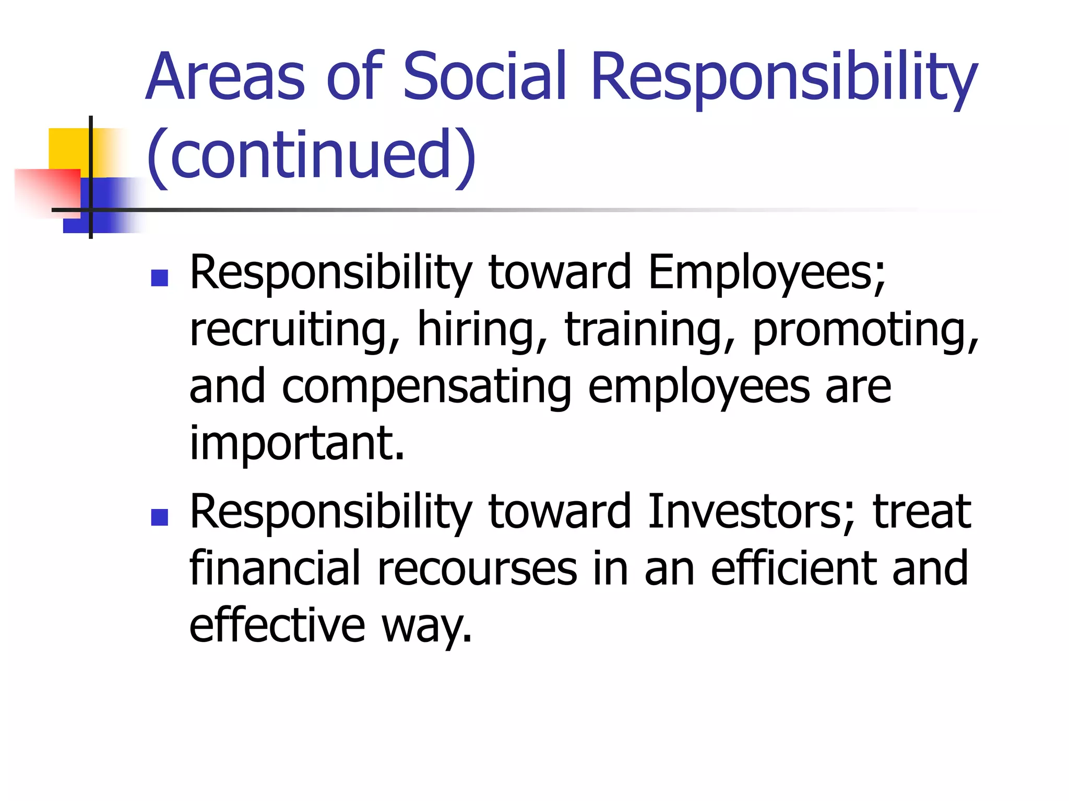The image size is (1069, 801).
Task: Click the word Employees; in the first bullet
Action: (x=766, y=273)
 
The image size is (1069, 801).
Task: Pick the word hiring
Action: (x=482, y=331)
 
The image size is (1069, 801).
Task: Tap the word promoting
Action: (x=865, y=331)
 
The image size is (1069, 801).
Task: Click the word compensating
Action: (x=426, y=388)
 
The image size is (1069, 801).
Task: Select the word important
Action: (x=296, y=444)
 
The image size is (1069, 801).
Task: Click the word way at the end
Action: (x=425, y=627)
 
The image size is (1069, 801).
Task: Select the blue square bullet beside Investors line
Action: (x=159, y=517)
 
